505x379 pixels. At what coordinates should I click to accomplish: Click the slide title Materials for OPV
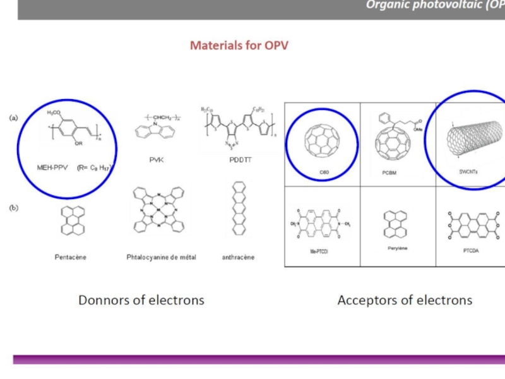pos(239,45)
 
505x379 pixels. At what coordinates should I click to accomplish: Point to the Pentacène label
pos(69,257)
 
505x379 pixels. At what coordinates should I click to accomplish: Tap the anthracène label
pos(238,257)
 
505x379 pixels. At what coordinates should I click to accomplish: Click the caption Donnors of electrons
pos(141,300)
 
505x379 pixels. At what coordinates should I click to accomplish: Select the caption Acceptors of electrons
pos(405,300)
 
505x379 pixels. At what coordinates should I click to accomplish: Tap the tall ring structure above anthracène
pos(238,215)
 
